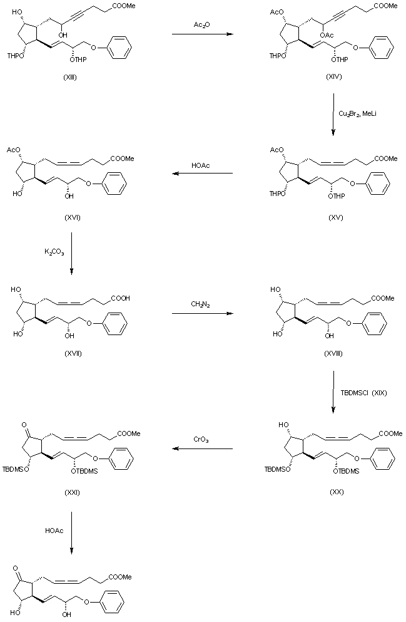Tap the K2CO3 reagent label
[54, 252]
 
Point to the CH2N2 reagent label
[201, 304]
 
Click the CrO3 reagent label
[201, 441]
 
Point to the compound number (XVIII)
[332, 354]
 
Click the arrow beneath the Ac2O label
[201, 34]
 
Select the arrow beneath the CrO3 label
[201, 449]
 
